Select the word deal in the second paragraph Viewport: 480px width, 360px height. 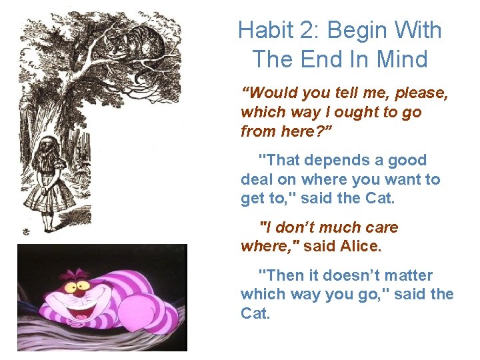click(x=255, y=179)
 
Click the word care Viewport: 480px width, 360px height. click(x=381, y=228)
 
